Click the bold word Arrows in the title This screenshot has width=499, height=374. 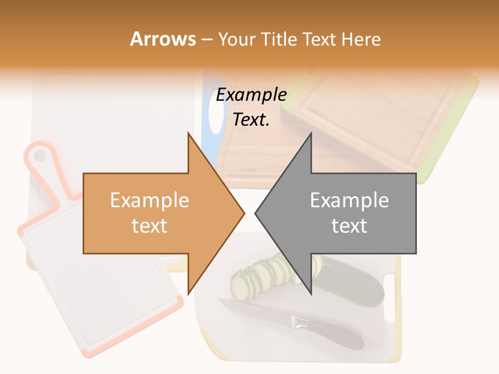(163, 39)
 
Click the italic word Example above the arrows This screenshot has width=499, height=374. (252, 95)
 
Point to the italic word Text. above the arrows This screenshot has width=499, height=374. (252, 119)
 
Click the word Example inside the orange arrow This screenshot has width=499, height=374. (150, 201)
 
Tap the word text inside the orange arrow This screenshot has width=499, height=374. (150, 226)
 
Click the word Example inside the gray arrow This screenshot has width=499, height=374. (349, 201)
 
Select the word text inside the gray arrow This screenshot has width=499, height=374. (349, 226)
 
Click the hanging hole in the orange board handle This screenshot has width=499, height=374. (40, 155)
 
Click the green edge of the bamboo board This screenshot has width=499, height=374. (457, 130)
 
